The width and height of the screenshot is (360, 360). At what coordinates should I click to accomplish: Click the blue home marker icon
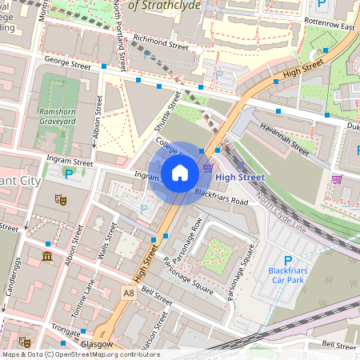[x=180, y=172]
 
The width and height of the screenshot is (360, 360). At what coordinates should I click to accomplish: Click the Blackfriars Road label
[x=222, y=194]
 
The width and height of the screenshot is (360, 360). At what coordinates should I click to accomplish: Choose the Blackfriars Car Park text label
[x=287, y=276]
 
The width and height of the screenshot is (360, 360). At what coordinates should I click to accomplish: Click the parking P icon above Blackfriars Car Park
[x=288, y=260]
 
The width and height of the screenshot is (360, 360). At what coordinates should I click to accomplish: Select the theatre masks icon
[x=59, y=199]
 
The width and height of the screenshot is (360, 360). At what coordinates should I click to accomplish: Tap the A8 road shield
[x=129, y=294]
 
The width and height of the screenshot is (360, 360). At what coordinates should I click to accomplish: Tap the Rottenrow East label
[x=334, y=26]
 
